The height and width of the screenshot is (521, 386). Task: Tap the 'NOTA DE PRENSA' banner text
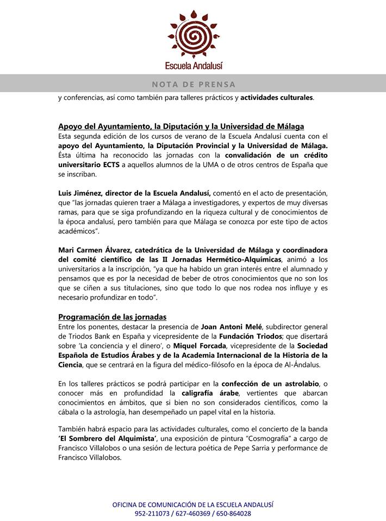pos(194,84)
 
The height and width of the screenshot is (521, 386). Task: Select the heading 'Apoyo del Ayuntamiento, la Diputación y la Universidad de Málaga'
pos(180,126)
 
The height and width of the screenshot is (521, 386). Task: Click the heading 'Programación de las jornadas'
pos(112,317)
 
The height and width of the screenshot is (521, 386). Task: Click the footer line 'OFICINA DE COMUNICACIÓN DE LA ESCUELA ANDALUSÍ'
pos(193,504)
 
